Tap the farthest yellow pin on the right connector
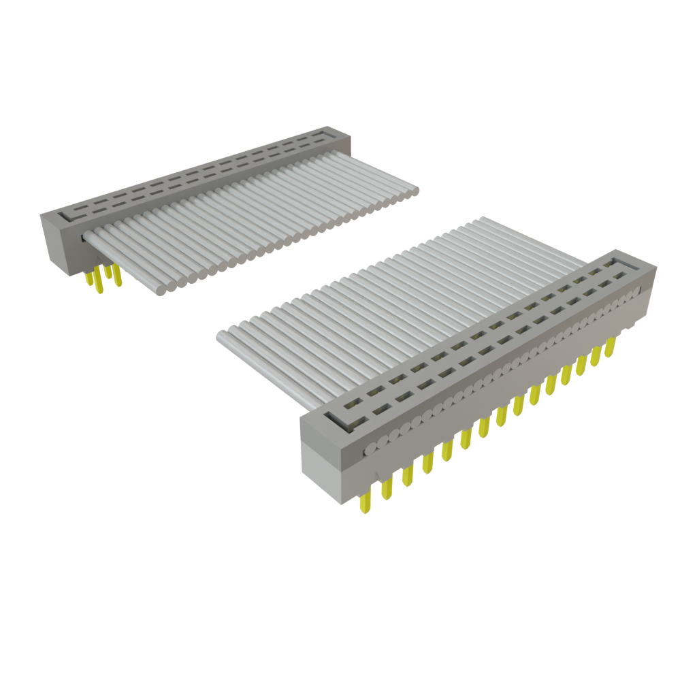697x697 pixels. tap(611, 347)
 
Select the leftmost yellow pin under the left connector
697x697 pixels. tap(89, 278)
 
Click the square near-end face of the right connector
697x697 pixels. tap(321, 452)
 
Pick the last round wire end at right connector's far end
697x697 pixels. tap(637, 294)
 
